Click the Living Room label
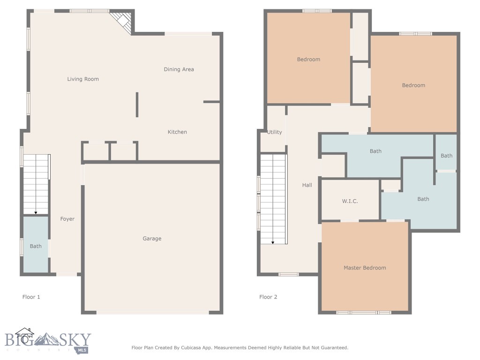coord(83,79)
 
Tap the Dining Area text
coord(179,69)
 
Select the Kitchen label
coord(177,132)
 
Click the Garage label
coord(152,239)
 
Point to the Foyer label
coord(67,219)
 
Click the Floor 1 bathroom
coord(36,246)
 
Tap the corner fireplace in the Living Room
coord(122,22)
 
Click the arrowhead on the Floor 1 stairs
coord(36,212)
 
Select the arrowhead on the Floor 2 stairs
coord(273,242)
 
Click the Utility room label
coord(274,132)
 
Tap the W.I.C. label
coord(350,201)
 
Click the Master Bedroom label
coord(365,268)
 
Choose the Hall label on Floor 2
coord(307,185)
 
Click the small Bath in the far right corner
coord(446,156)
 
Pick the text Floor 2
coord(268,297)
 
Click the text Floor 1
coord(31,297)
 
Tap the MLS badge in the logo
coord(82,349)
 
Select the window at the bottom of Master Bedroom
coord(364,312)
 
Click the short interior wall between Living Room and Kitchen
coord(137,105)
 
